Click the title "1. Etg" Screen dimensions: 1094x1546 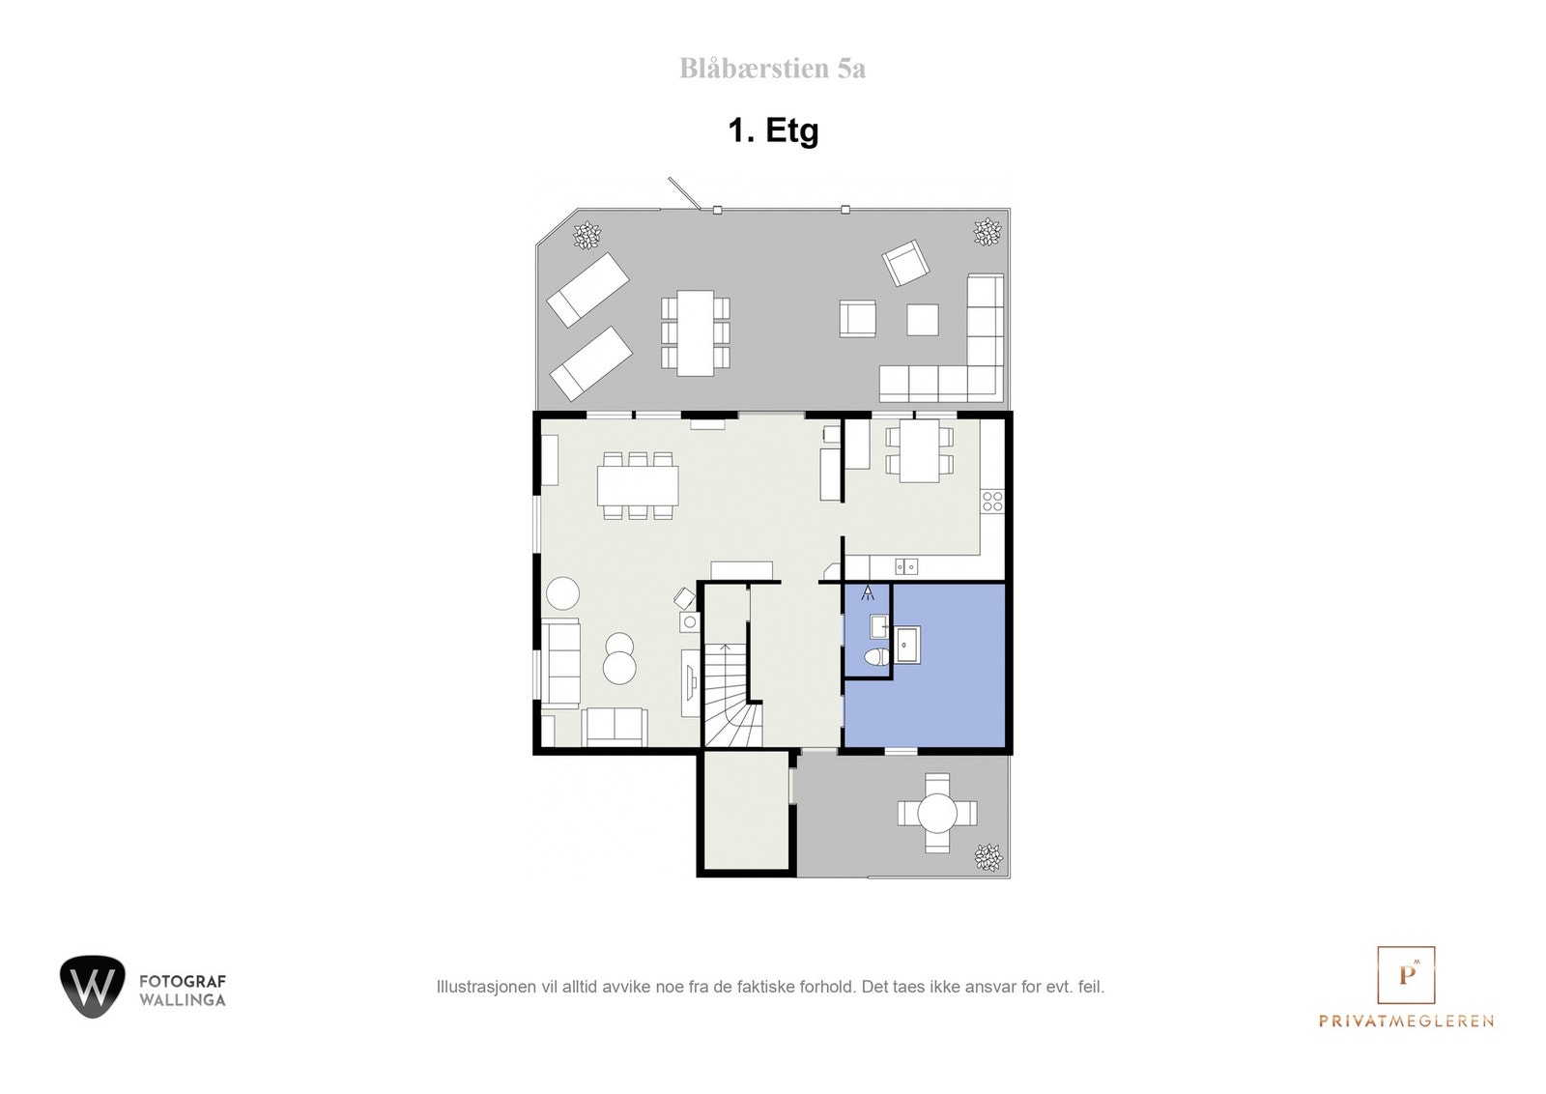click(773, 130)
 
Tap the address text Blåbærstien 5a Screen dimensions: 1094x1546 click(772, 69)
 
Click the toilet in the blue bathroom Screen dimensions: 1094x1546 click(875, 658)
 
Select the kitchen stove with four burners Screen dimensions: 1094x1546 click(992, 501)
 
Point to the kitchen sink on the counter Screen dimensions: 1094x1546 click(905, 566)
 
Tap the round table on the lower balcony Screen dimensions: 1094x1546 click(936, 813)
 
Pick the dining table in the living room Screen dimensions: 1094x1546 click(638, 486)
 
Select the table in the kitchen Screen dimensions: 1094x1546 click(920, 450)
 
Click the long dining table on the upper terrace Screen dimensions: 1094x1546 click(695, 332)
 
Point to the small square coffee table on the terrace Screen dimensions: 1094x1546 click(923, 320)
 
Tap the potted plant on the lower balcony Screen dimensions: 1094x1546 click(988, 855)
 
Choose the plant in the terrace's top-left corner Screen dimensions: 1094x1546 click(586, 234)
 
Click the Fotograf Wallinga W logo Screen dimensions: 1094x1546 click(93, 987)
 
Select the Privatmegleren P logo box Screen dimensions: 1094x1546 click(1405, 974)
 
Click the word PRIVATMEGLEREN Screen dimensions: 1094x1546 click(1406, 1021)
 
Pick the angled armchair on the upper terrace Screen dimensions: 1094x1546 click(905, 263)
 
